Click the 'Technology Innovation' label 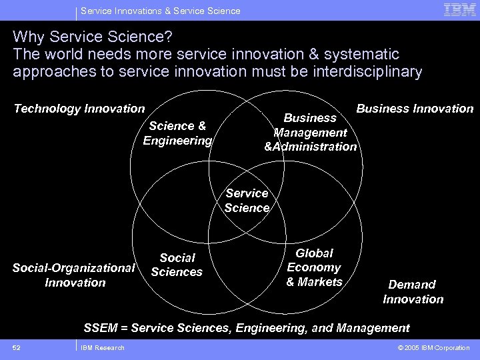[x=79, y=109]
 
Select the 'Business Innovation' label [x=415, y=109]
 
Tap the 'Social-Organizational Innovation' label [x=74, y=275]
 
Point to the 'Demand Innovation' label [x=413, y=291]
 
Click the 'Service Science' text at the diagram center [x=247, y=200]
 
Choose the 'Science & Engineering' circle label [x=177, y=133]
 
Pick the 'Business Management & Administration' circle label [x=311, y=132]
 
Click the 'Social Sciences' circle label [x=177, y=265]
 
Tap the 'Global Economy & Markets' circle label [x=314, y=267]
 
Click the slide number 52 [x=16, y=347]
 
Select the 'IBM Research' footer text [x=102, y=347]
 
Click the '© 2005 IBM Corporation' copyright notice [x=433, y=347]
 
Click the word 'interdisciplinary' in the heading [x=365, y=72]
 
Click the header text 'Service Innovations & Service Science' [x=161, y=11]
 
